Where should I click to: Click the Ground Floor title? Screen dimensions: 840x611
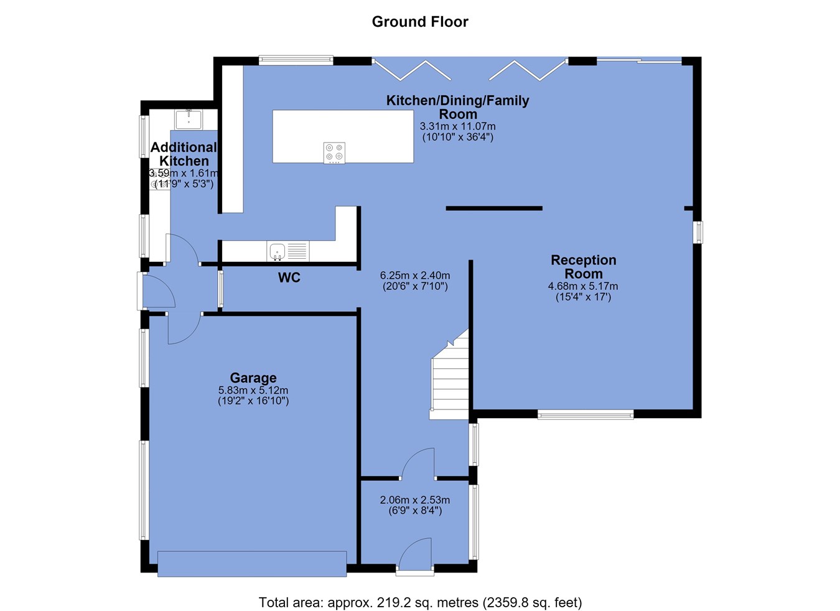(420, 22)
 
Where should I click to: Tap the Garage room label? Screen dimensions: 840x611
(253, 377)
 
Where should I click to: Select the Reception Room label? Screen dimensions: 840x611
(583, 267)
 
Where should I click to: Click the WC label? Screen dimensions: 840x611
(289, 278)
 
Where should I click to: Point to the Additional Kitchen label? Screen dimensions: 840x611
(184, 154)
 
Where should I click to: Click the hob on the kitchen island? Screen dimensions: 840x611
(334, 152)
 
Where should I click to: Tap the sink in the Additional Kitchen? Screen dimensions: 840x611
(189, 119)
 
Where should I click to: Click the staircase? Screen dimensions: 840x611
(450, 375)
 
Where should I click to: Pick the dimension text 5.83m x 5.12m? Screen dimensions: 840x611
(253, 390)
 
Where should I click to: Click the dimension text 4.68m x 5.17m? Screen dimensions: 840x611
(583, 286)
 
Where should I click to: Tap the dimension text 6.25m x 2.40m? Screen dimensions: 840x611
(415, 275)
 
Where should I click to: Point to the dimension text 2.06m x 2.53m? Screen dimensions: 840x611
(415, 500)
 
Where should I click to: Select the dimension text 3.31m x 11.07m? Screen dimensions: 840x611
(457, 126)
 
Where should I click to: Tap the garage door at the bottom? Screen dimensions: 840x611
(252, 564)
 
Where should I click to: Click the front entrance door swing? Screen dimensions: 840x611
(415, 554)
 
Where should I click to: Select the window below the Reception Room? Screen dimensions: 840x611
(586, 414)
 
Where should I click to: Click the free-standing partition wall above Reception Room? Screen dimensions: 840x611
(494, 208)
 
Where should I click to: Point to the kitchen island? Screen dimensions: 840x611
(343, 136)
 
